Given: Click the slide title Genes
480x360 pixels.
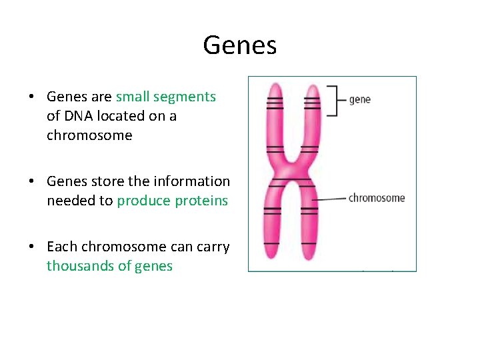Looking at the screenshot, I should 239,45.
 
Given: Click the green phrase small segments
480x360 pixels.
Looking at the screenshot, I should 166,97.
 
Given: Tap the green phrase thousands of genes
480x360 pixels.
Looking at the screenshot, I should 109,266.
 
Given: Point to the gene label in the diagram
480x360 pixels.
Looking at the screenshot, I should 359,99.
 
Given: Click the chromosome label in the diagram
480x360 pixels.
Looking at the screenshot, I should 376,197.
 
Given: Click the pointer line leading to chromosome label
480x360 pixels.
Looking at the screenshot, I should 330,199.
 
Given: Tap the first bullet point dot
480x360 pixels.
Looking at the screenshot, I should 31,97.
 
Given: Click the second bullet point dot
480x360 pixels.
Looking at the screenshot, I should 31,181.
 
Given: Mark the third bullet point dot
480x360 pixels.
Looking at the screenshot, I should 31,247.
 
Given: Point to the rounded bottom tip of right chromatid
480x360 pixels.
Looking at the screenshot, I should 308,255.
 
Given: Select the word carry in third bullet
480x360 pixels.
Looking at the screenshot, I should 213,247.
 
